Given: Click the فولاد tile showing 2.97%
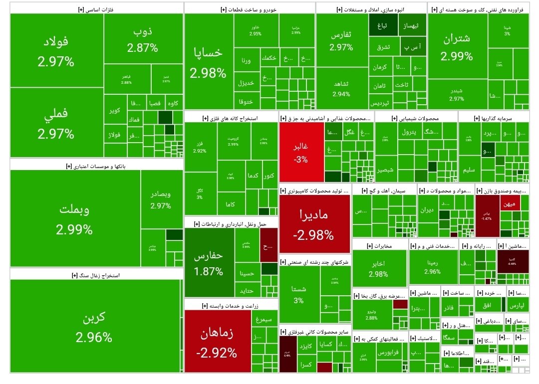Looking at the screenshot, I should (56, 51).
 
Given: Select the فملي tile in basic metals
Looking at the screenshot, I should (56, 123).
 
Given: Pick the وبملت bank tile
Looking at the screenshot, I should (74, 218).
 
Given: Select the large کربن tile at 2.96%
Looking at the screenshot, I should (94, 326).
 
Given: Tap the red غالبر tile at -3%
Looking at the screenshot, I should (301, 153).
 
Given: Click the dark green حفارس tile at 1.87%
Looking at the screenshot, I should (209, 263).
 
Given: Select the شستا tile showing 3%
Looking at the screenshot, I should (298, 294).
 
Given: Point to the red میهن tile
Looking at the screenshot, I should (510, 203).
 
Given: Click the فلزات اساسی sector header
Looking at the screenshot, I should (96, 8).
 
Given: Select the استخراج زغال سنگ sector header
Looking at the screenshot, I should (96, 275).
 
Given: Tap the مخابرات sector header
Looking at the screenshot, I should (379, 245).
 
